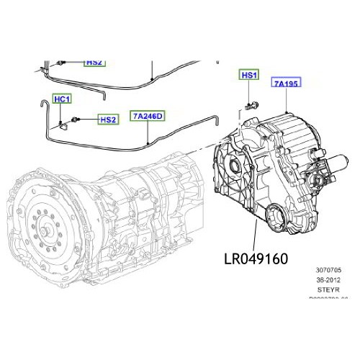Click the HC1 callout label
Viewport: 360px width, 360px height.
tap(63, 99)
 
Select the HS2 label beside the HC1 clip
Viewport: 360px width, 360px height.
tap(107, 120)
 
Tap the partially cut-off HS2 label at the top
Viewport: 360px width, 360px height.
tap(94, 63)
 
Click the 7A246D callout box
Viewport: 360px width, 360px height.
tap(148, 115)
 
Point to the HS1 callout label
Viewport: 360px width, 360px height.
tap(249, 76)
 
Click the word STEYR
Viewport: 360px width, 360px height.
tap(328, 294)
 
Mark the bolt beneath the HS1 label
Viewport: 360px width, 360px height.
tap(249, 106)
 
